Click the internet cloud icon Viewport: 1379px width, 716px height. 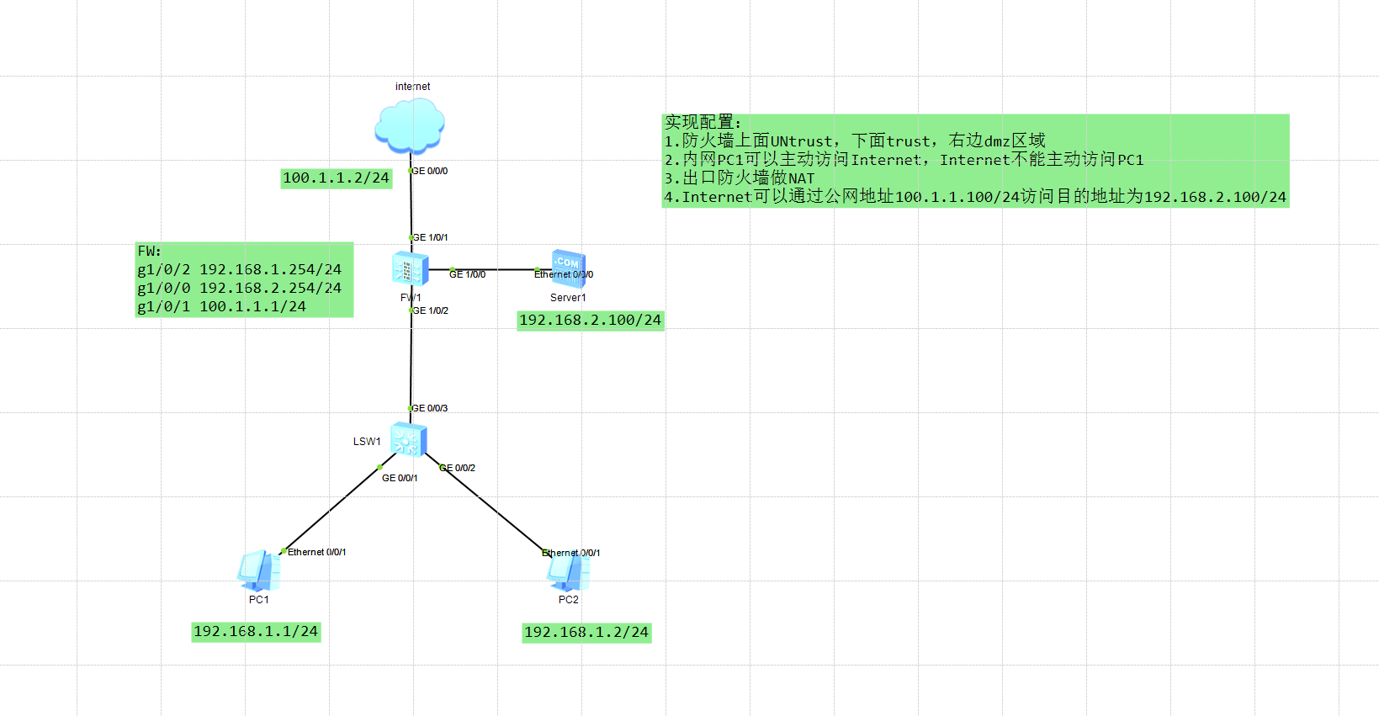click(410, 126)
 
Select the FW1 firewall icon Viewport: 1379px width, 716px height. click(410, 268)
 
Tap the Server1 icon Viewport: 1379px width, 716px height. click(568, 268)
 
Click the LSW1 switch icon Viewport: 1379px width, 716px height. click(409, 439)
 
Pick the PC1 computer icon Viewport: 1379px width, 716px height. click(258, 570)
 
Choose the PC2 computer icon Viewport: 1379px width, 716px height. click(568, 570)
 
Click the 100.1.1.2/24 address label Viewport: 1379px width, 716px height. click(337, 178)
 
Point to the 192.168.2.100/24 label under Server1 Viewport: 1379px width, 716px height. click(591, 320)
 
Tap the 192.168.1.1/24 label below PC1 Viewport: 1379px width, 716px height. click(256, 632)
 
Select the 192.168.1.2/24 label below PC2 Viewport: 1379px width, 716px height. click(586, 633)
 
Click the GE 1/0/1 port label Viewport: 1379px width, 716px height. click(430, 237)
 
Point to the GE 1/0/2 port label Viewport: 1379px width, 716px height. click(430, 310)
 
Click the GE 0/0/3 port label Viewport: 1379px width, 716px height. click(430, 408)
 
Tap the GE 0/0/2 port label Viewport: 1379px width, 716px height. click(458, 468)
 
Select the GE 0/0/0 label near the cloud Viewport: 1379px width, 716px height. click(430, 171)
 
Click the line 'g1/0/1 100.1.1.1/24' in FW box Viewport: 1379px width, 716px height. click(221, 306)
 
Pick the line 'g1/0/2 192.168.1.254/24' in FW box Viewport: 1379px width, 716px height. click(240, 269)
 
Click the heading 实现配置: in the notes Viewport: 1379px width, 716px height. click(703, 122)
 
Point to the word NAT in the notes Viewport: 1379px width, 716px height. click(802, 178)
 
